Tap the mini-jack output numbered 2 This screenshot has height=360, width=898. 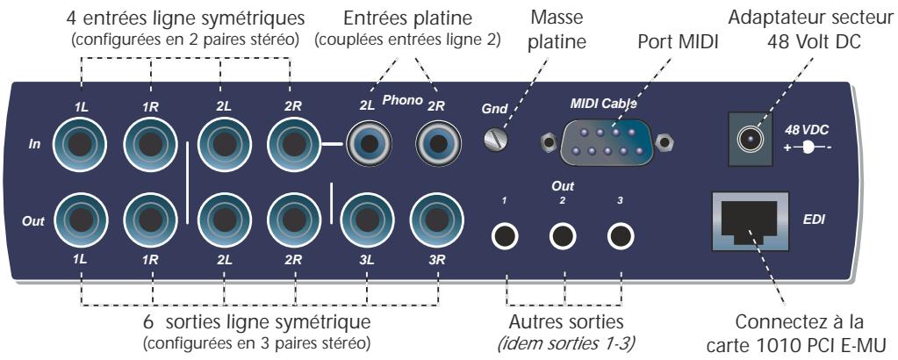[x=564, y=235]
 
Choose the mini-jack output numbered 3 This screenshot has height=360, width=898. [x=621, y=235]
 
